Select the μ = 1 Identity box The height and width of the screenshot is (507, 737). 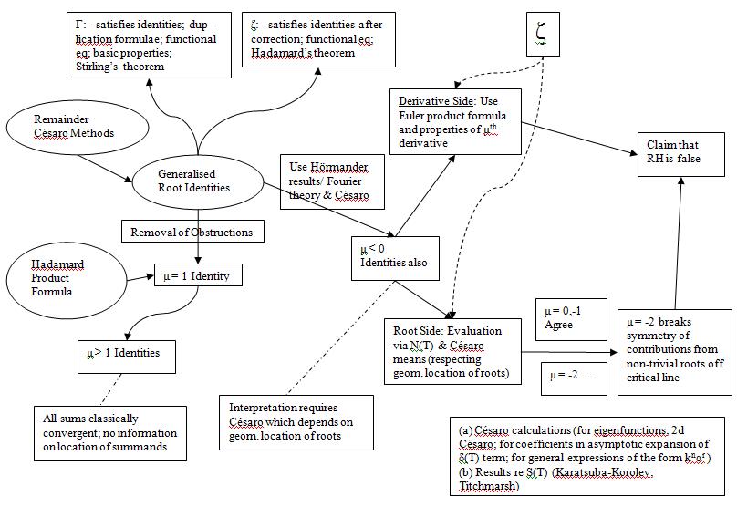(198, 274)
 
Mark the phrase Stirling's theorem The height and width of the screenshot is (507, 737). (114, 67)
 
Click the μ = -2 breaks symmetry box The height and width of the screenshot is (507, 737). (675, 351)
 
